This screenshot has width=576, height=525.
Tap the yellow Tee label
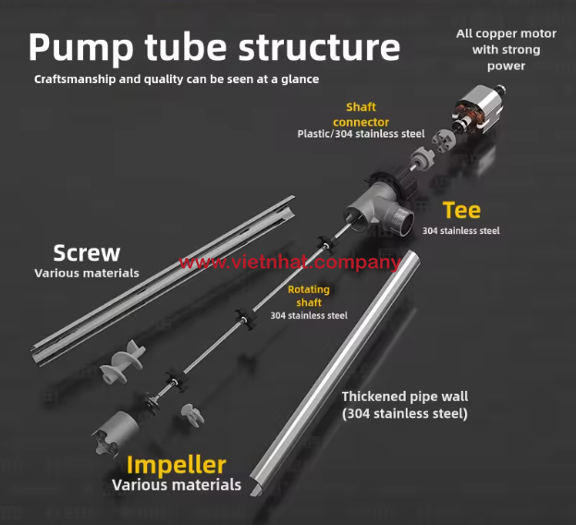pyautogui.click(x=460, y=210)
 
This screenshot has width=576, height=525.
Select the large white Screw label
pyautogui.click(x=86, y=252)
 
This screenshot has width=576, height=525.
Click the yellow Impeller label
pyautogui.click(x=176, y=464)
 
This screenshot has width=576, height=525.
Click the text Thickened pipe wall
pyautogui.click(x=404, y=397)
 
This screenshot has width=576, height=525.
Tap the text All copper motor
pyautogui.click(x=506, y=34)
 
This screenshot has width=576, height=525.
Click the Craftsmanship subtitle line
pyautogui.click(x=176, y=79)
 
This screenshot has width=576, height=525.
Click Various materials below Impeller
pyautogui.click(x=176, y=484)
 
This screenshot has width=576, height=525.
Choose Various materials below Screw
pyautogui.click(x=86, y=273)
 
